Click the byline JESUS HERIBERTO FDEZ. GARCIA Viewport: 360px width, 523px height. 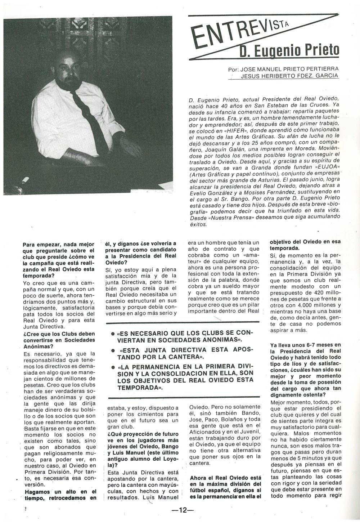tap(289, 76)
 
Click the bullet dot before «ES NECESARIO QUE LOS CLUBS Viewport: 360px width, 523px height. tap(113, 334)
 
